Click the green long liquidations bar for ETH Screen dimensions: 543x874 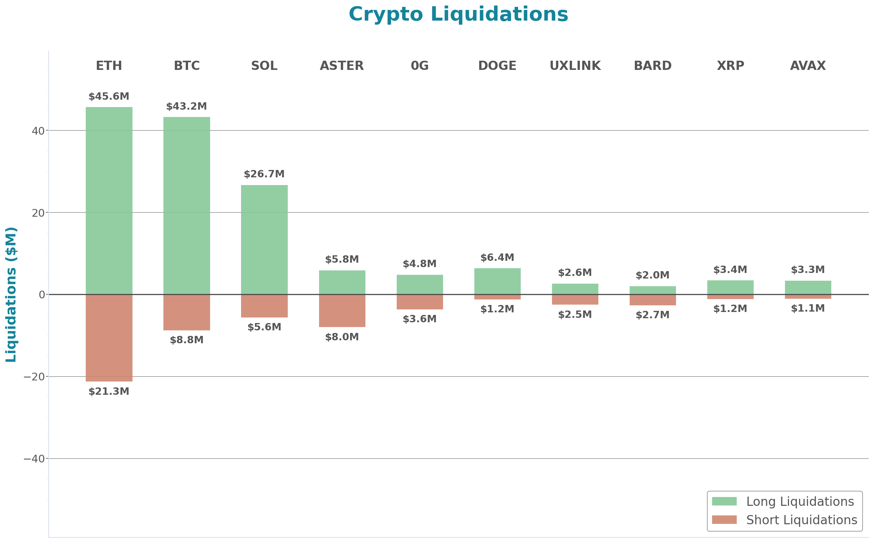pyautogui.click(x=109, y=200)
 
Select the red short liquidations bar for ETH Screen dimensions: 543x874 pyautogui.click(x=109, y=338)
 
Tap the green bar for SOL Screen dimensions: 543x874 pyautogui.click(x=264, y=239)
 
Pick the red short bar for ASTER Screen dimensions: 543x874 pyautogui.click(x=342, y=311)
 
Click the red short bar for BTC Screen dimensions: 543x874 pyautogui.click(x=187, y=312)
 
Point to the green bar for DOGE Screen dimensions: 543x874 pyautogui.click(x=497, y=281)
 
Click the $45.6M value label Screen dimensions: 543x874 pyautogui.click(x=109, y=96)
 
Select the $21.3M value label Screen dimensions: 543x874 pyautogui.click(x=109, y=391)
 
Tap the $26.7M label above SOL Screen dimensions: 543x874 pyautogui.click(x=264, y=174)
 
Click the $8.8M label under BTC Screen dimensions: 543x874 pyautogui.click(x=187, y=340)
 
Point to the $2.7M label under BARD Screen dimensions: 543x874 pyautogui.click(x=652, y=315)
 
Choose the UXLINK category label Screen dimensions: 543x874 pyautogui.click(x=575, y=65)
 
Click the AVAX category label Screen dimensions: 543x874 pyautogui.click(x=808, y=65)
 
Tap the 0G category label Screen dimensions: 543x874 pyautogui.click(x=420, y=65)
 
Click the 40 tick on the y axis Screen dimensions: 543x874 pyautogui.click(x=38, y=131)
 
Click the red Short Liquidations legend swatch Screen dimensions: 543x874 pyautogui.click(x=724, y=519)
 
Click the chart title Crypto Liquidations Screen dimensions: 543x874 pyautogui.click(x=458, y=14)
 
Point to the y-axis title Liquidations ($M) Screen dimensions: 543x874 pyautogui.click(x=11, y=294)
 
